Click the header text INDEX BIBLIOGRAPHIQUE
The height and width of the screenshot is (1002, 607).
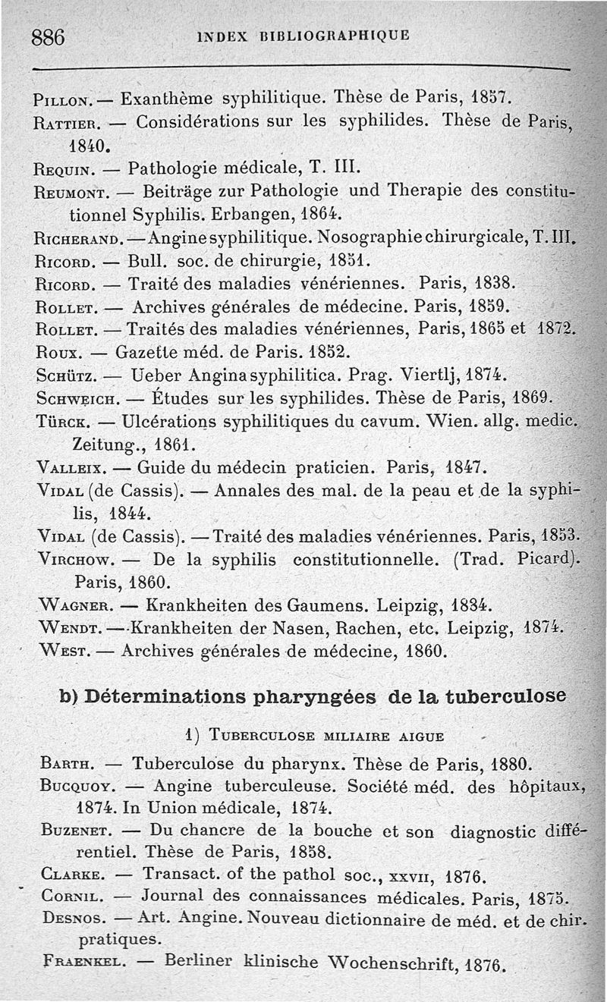[x=302, y=35]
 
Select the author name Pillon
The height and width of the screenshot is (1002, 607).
[x=63, y=99]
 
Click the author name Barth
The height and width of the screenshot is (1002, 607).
[x=66, y=763]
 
